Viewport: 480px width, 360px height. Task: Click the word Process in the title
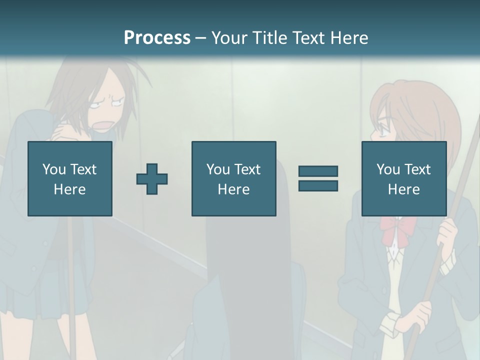pyautogui.click(x=157, y=37)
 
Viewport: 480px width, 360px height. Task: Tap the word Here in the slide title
pyautogui.click(x=348, y=37)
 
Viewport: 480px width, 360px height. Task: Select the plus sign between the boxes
pyautogui.click(x=152, y=178)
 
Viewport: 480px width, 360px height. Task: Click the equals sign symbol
pyautogui.click(x=318, y=178)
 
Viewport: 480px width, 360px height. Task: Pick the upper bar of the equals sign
pyautogui.click(x=318, y=171)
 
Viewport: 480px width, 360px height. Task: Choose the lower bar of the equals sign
pyautogui.click(x=318, y=185)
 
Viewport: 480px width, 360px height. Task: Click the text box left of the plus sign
pyautogui.click(x=69, y=178)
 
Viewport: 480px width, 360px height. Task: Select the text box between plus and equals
pyautogui.click(x=233, y=178)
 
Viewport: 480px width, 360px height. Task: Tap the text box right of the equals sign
pyautogui.click(x=403, y=178)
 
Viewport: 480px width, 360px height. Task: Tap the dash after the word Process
pyautogui.click(x=200, y=38)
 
